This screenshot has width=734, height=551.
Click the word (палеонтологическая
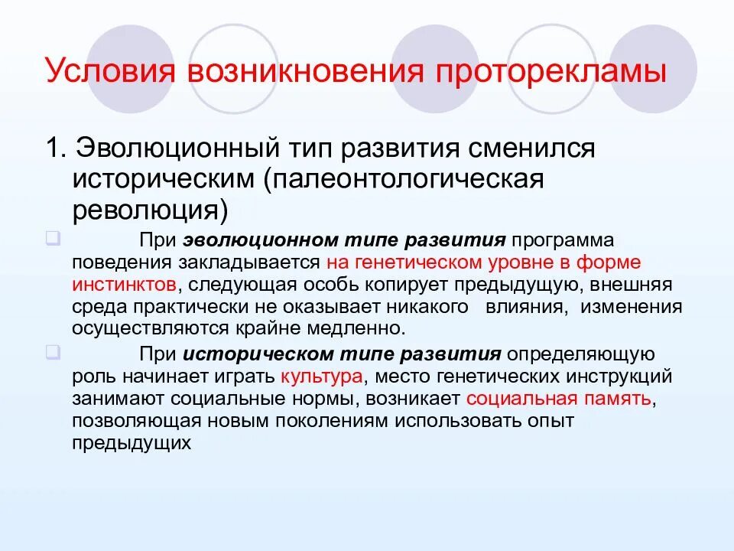404,179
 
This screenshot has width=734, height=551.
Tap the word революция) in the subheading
151,209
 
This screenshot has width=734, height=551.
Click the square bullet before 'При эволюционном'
53,238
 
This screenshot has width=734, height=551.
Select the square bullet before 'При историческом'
53,353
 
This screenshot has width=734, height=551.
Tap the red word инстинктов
125,285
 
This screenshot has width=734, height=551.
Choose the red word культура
321,377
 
